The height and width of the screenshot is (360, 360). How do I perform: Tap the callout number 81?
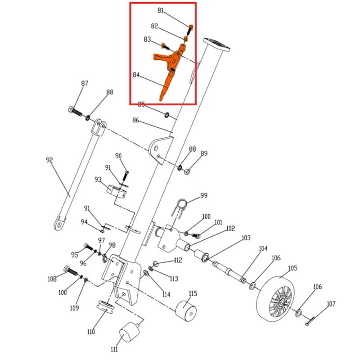(161, 10)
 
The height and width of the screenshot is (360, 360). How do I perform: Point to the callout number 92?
(50, 160)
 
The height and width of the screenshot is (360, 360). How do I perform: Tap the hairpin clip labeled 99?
(180, 205)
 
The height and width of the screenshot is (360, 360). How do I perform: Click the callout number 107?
(331, 304)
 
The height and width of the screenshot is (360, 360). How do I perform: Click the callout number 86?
(136, 120)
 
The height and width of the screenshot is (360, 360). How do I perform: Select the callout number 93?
(98, 180)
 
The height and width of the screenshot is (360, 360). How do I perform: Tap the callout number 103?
(246, 238)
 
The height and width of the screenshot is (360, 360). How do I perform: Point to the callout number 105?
(293, 269)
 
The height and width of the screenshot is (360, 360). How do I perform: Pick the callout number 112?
(178, 260)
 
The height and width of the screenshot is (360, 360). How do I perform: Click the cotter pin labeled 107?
(311, 321)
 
